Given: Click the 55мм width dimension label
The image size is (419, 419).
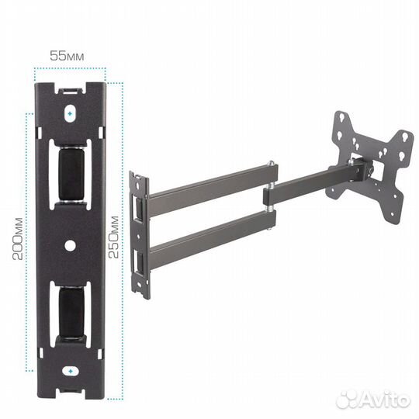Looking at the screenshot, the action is point(67,56).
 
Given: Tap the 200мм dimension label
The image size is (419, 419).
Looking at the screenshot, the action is point(18,239).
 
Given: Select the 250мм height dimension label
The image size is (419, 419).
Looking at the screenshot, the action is point(113,237).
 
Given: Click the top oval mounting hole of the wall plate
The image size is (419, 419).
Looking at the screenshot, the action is point(70,113).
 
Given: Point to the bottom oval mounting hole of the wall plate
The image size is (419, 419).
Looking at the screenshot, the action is point(71,372).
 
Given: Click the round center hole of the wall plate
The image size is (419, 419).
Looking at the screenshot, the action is point(70,245).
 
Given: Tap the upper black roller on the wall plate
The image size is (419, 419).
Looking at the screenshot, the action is point(71,174).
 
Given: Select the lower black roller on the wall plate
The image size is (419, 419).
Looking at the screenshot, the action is point(71,313).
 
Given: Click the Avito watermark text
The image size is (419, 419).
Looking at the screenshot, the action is point(373,400).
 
